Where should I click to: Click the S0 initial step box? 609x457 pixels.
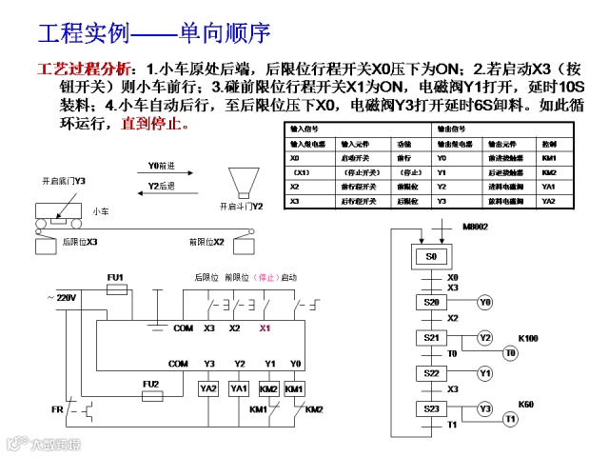[431, 257]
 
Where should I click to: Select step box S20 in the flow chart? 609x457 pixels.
[432, 302]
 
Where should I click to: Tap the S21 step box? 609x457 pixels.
[432, 338]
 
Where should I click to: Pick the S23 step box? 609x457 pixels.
[432, 408]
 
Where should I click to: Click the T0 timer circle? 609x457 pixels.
[510, 353]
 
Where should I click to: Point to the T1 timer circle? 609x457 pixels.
[510, 419]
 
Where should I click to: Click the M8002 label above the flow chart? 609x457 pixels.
[475, 228]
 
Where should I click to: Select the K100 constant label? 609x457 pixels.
[527, 338]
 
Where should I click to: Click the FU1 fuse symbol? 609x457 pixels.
[116, 288]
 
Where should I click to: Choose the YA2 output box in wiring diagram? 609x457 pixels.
[208, 388]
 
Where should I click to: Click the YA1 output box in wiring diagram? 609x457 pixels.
[239, 388]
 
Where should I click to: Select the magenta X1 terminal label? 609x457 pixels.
[265, 328]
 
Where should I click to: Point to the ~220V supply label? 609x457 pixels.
[61, 298]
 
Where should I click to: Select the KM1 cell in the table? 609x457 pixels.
[548, 158]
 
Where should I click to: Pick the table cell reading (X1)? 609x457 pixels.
[302, 172]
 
